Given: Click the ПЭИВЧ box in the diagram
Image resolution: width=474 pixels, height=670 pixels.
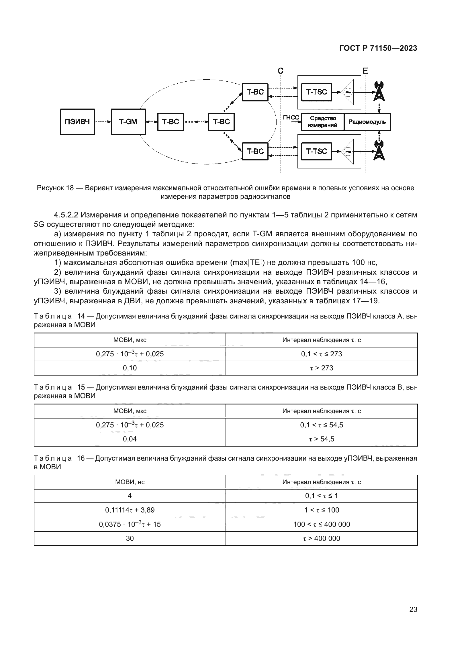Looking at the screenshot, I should [77, 122].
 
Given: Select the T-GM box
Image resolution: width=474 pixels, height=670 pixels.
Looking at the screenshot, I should [128, 122].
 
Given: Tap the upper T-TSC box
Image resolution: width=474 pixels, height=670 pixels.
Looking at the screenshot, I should [316, 92].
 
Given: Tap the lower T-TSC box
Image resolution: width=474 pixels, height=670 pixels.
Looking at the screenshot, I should [316, 152].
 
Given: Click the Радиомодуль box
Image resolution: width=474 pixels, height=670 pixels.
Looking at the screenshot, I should [367, 122].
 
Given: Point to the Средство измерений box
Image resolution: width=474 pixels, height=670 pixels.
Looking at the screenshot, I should [322, 122].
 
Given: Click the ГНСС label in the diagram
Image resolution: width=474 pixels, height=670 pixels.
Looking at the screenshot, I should [291, 117].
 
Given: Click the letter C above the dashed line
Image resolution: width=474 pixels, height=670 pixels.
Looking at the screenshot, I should [281, 71].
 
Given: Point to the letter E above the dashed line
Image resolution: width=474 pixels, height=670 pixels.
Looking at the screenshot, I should [365, 71].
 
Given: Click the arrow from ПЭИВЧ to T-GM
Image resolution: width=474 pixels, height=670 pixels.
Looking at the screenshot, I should [103, 122].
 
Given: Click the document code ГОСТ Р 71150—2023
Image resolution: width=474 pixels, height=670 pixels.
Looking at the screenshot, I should [378, 48].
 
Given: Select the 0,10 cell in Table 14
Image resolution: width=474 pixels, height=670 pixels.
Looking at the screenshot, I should [130, 368].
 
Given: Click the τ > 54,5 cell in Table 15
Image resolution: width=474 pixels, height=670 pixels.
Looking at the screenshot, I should [322, 439].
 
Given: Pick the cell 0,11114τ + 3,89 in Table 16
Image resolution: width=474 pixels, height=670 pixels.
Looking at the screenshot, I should [130, 510].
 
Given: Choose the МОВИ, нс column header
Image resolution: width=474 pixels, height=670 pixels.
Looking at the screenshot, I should [130, 482].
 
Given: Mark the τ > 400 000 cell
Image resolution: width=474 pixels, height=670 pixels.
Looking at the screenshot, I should [322, 539].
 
